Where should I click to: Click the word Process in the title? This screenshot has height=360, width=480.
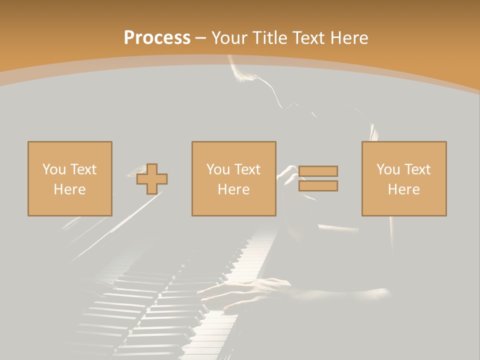coord(157,38)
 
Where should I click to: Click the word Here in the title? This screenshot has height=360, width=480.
coord(349,38)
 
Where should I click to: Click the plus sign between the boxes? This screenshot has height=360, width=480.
coord(152,179)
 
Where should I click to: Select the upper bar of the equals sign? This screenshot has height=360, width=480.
coord(318,171)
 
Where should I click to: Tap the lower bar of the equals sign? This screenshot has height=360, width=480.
coord(318,186)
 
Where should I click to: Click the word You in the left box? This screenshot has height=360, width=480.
coord(53,169)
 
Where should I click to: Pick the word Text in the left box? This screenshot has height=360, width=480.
coord(82,169)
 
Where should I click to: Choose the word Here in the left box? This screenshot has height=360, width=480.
coord(69,189)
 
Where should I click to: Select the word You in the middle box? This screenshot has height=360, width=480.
coord(217,169)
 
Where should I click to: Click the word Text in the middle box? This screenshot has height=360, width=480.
coord(246,169)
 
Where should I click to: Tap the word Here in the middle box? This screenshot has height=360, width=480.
coord(233,189)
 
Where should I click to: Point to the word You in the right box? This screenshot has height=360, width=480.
coord(387,169)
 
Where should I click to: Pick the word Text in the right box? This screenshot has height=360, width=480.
coord(416,169)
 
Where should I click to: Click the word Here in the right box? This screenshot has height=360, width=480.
coord(403,189)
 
